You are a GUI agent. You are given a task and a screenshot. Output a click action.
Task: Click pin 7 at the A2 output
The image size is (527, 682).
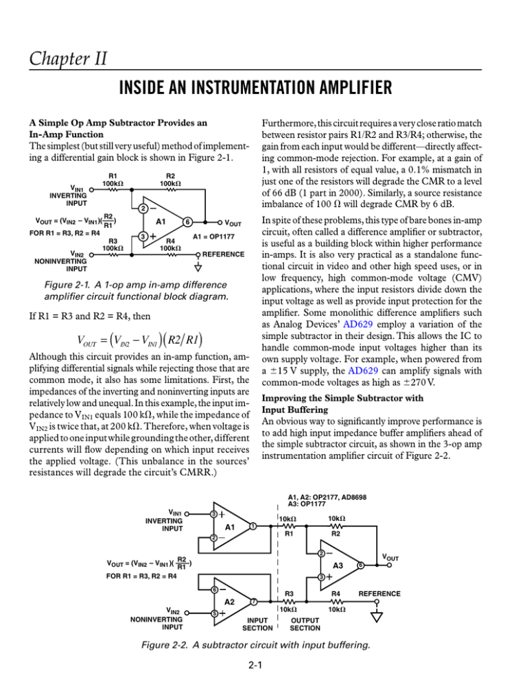pyautogui.click(x=253, y=602)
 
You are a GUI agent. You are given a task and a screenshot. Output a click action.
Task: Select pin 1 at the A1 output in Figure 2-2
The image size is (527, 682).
pyautogui.click(x=253, y=526)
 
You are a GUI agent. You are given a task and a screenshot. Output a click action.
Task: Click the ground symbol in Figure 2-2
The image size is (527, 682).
pyautogui.click(x=376, y=617)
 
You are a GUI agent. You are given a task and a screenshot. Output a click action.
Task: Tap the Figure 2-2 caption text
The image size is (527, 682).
pyautogui.click(x=263, y=644)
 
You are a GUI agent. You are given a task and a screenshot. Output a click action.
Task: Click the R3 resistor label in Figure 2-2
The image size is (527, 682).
pyautogui.click(x=290, y=593)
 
